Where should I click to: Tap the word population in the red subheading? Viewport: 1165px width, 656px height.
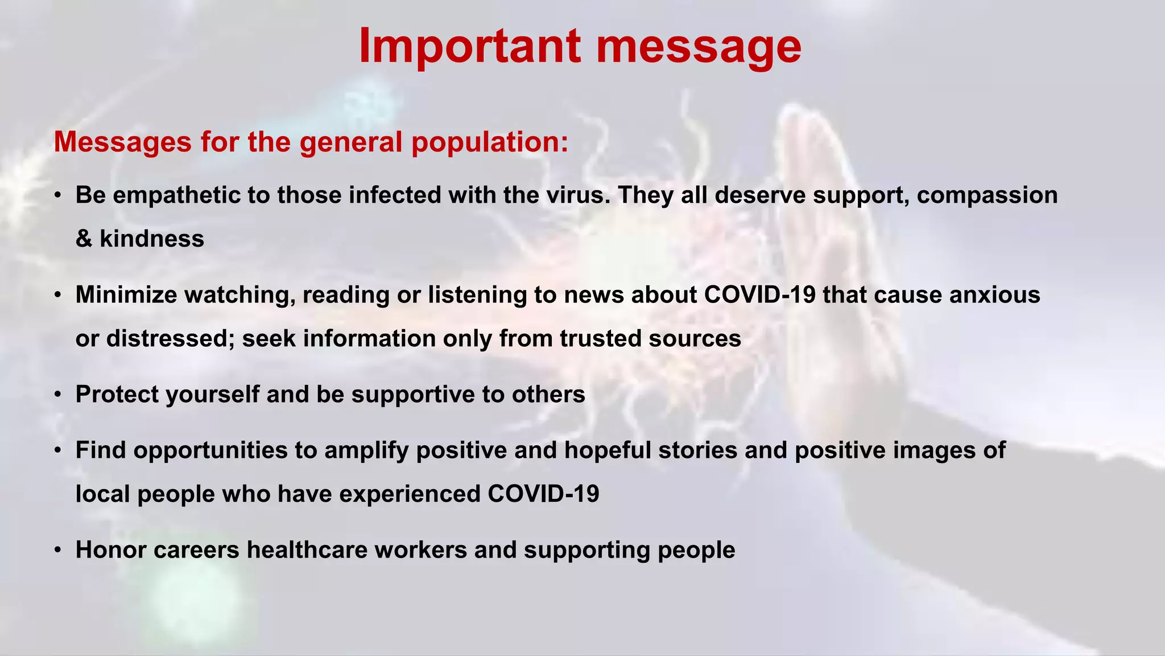(489, 142)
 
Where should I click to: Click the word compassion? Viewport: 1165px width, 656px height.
(987, 195)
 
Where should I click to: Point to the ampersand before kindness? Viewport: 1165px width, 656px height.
(84, 239)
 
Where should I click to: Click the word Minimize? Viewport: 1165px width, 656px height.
(126, 295)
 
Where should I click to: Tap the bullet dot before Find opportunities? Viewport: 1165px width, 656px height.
(58, 451)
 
